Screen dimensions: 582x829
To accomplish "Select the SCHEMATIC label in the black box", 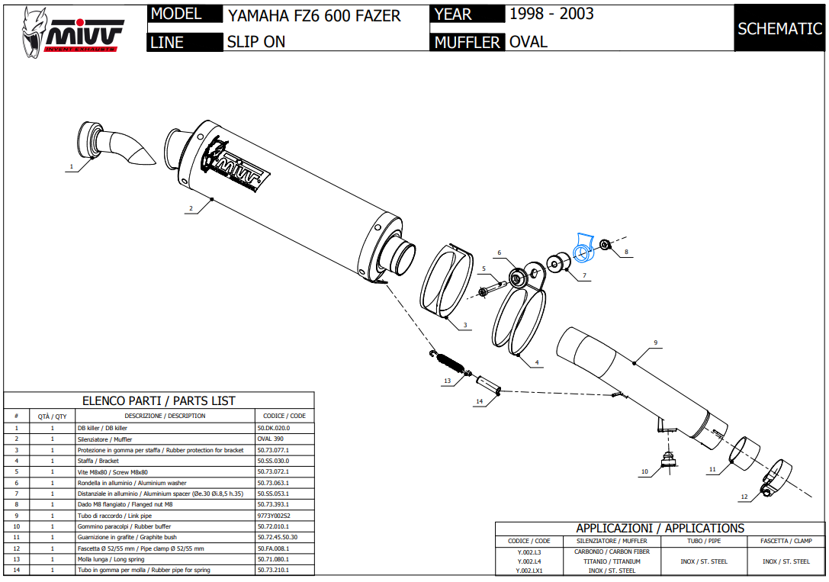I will [779, 29].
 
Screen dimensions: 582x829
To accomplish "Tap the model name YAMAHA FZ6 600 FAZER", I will [313, 15].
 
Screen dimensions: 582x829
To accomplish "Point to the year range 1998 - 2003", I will [551, 14].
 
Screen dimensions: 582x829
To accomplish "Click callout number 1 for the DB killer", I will [72, 166].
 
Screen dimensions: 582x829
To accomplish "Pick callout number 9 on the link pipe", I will [655, 342].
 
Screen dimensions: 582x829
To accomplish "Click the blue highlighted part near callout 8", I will [584, 246].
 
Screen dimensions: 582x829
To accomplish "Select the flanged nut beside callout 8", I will [605, 244].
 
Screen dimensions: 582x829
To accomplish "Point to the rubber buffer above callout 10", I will [669, 458].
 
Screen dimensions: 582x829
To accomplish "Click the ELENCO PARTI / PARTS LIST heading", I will [159, 400].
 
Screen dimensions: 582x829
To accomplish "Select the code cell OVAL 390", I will [270, 439].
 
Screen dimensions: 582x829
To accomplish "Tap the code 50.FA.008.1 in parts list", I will [274, 548].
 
